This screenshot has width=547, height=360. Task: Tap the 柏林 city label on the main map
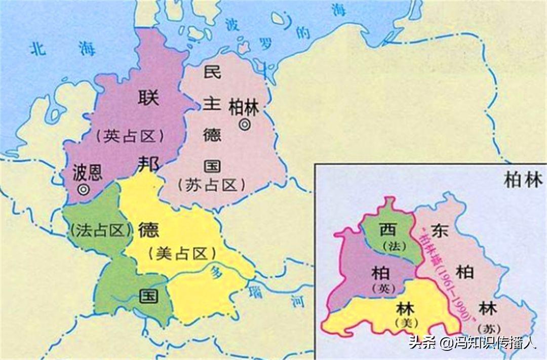click(244, 108)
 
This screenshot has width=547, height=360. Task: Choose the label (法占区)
click(99, 231)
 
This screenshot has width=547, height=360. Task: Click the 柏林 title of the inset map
click(523, 180)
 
